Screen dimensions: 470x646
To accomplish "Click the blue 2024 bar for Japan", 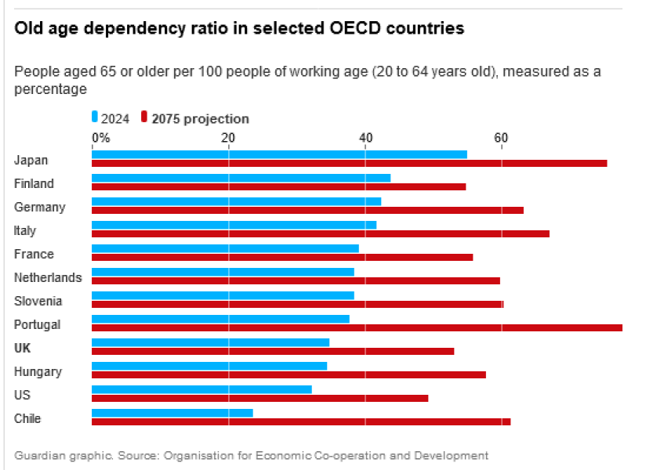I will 279,154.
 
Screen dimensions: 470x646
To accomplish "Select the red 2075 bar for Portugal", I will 357,327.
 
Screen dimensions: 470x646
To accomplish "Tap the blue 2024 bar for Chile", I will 172,413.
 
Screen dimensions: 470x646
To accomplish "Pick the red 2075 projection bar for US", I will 260,398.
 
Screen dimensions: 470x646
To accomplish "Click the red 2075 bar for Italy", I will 321,233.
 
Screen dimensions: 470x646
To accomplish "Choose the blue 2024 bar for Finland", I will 241,178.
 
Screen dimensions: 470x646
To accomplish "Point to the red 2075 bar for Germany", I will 307,210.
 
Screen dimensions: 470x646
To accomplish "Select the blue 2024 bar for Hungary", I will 209,366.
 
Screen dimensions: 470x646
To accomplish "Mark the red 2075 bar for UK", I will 273,351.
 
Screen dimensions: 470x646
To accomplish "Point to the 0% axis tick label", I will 101,138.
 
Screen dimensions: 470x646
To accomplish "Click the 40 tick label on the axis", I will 365,138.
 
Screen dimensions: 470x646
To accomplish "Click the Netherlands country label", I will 48,277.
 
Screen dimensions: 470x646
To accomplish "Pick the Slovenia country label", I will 38,301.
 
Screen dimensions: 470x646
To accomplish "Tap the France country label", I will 34,254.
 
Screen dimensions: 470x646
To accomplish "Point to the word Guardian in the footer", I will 38,455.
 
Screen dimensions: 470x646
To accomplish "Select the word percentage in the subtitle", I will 50,89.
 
